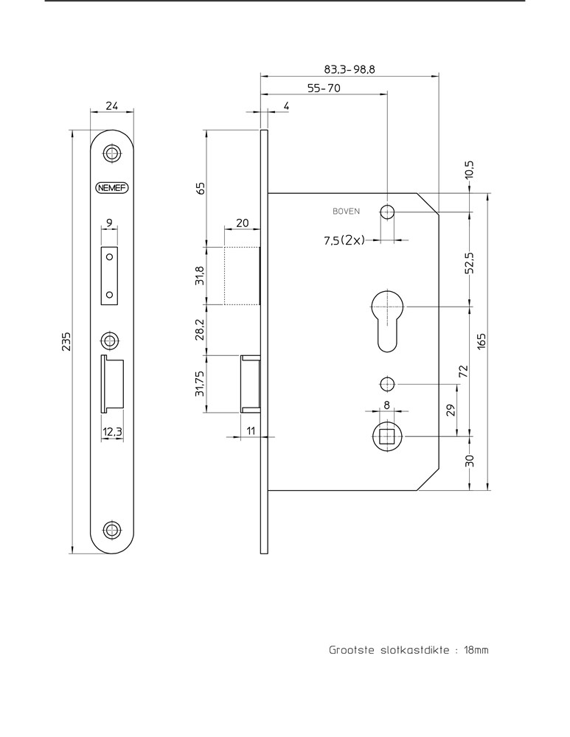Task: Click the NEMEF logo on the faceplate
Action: (112, 187)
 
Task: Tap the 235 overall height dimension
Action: (66, 343)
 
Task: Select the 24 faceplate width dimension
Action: (112, 105)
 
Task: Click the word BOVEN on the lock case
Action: (346, 212)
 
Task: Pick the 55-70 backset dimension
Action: (323, 88)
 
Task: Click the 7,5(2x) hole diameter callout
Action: (344, 240)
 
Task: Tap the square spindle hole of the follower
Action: (386, 437)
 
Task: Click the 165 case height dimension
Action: (482, 341)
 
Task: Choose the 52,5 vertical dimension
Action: (469, 262)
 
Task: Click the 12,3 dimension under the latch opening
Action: (112, 433)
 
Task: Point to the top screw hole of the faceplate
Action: (112, 153)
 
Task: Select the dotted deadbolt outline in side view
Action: (242, 275)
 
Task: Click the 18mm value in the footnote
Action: (476, 651)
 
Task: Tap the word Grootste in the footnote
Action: (351, 651)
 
